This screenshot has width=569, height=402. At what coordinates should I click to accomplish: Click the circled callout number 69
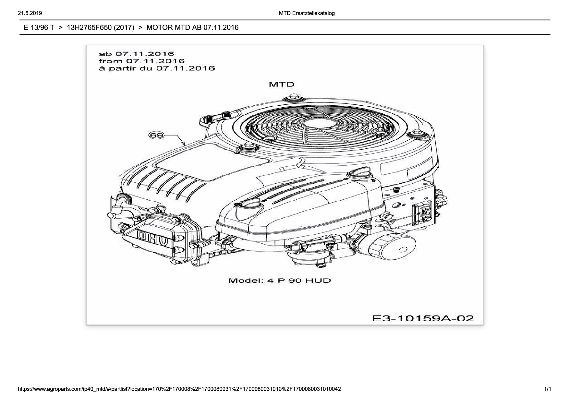click(x=156, y=135)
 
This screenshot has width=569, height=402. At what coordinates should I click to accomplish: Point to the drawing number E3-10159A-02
click(x=423, y=318)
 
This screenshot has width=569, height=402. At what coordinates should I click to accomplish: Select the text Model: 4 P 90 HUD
click(x=279, y=280)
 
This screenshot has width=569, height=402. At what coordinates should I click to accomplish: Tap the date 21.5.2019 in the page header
click(x=30, y=13)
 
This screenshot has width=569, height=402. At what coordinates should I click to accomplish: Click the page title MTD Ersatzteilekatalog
click(x=307, y=13)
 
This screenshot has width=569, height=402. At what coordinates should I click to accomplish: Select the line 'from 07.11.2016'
click(x=142, y=61)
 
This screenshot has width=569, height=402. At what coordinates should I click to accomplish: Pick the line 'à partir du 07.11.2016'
click(x=157, y=68)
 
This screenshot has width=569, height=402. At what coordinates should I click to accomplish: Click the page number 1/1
click(x=547, y=389)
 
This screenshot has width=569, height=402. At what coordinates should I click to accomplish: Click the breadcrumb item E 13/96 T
click(x=39, y=28)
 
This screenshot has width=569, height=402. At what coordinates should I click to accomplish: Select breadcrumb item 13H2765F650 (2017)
click(x=100, y=28)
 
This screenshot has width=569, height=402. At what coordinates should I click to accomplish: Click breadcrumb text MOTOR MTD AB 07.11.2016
click(x=192, y=28)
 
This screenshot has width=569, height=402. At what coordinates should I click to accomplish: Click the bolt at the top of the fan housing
click(x=291, y=98)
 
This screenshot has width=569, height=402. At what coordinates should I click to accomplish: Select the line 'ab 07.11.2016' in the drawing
click(x=136, y=54)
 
